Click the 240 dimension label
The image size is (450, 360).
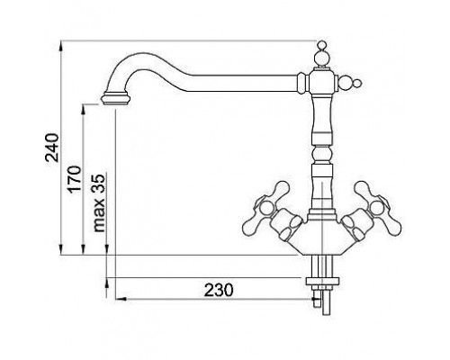[51, 148]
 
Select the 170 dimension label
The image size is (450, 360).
[74, 179]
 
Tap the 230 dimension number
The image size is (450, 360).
[219, 290]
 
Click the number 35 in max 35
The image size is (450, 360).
[99, 183]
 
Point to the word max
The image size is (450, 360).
[99, 213]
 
